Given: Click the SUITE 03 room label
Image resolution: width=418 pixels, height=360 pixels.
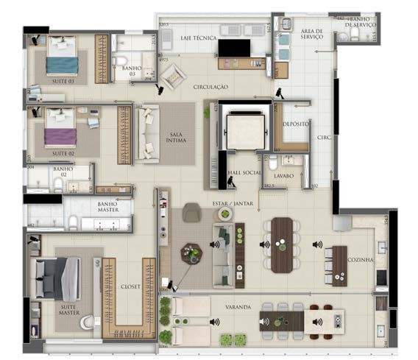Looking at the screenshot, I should pyautogui.click(x=63, y=81).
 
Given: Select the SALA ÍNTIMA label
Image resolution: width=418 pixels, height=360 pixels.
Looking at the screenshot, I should pyautogui.click(x=175, y=138).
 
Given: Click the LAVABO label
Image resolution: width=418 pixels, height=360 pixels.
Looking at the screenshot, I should pyautogui.click(x=284, y=177).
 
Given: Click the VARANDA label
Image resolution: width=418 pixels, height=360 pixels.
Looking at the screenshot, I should pyautogui.click(x=238, y=306).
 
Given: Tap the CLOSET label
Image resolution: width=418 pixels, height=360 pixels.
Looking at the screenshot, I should pyautogui.click(x=130, y=287).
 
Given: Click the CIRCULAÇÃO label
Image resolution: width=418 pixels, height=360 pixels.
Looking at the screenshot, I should pyautogui.click(x=210, y=87).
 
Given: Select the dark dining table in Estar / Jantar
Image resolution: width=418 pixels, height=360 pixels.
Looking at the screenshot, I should pyautogui.click(x=282, y=244).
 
